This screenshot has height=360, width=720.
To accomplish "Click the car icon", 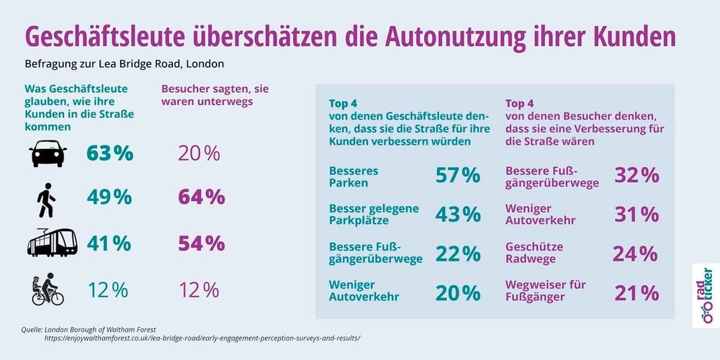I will tap(48, 153).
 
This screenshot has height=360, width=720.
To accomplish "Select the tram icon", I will tap(52, 243).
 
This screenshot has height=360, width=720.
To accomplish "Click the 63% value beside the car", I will tap(110, 153).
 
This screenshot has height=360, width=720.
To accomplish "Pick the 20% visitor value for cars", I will tap(199, 153).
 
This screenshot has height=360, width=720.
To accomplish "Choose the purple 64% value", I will tap(201, 197).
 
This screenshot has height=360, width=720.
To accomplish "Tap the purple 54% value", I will tap(201, 243).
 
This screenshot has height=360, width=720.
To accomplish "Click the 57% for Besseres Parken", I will tap(457, 175).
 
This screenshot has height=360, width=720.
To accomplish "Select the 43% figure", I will tap(457, 214).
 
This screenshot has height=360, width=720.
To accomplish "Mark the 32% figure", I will tap(636, 175).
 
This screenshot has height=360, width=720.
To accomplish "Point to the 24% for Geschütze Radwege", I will tap(635, 253).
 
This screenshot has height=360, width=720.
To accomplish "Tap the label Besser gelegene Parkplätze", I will tap(374, 214).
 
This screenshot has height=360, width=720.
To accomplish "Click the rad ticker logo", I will tap(703, 295).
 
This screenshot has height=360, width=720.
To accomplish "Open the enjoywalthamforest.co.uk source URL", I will tap(202, 338).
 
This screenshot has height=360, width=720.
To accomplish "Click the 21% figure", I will tap(636, 292).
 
